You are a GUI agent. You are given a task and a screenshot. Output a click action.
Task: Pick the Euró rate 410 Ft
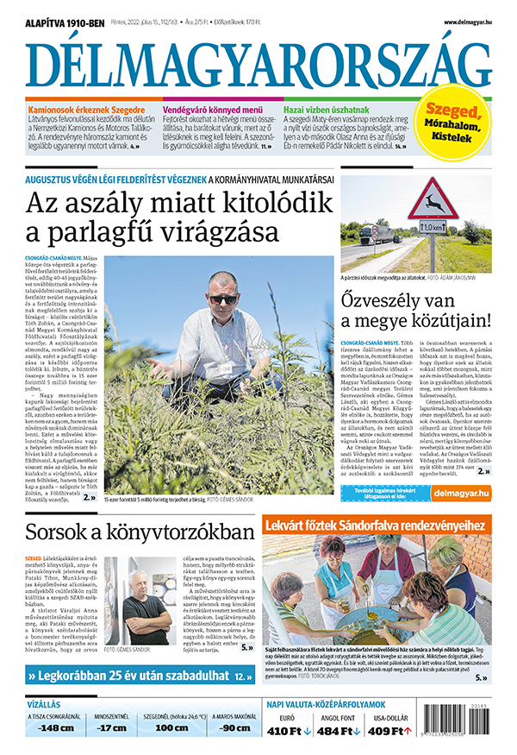pos(289,732)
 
